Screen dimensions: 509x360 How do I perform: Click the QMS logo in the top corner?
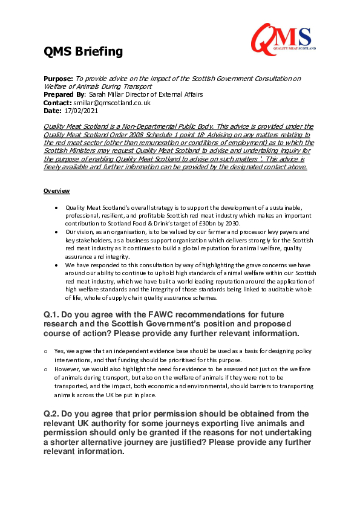pyautogui.click(x=281, y=37)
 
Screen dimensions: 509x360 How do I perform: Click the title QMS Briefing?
pyautogui.click(x=83, y=52)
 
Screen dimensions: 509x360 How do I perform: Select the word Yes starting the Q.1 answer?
pyautogui.click(x=59, y=351)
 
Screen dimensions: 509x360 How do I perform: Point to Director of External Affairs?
pyautogui.click(x=168, y=95)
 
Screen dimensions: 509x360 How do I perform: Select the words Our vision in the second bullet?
pyautogui.click(x=77, y=232)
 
